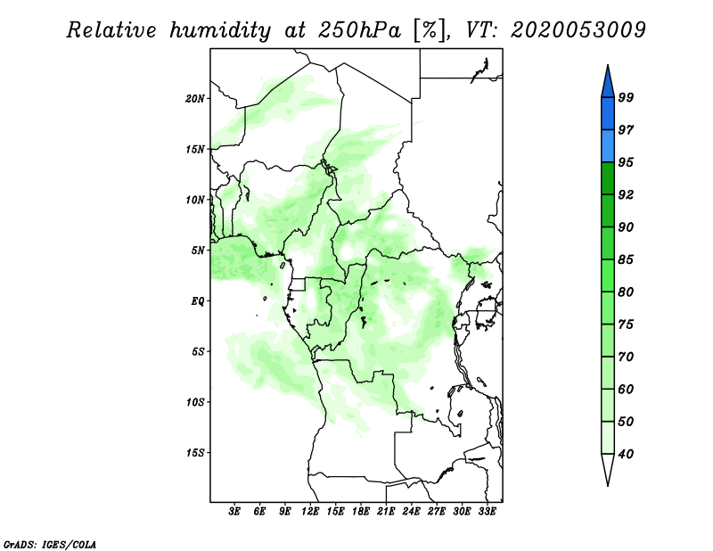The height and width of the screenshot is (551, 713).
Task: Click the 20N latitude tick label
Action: pos(195,99)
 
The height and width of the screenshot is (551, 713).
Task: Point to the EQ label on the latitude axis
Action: pos(197,301)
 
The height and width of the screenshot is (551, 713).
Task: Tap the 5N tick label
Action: pos(198,251)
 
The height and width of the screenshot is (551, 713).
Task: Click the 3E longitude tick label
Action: pos(234,512)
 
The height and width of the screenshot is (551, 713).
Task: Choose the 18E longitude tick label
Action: pos(361,512)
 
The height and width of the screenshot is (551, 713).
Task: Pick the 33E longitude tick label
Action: pos(487,512)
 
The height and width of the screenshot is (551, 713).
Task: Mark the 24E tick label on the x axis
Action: pos(411,512)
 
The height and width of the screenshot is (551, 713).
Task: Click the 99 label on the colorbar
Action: pos(626,97)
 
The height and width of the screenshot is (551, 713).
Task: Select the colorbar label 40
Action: pos(626,454)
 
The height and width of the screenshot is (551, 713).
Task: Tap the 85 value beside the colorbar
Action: pos(626,259)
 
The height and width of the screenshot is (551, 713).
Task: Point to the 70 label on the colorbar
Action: pos(626,357)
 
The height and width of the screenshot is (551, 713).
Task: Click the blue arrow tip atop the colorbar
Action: pos(608,65)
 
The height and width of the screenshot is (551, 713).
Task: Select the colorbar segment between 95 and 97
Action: pos(608,146)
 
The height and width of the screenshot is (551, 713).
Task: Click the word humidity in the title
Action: pos(220,30)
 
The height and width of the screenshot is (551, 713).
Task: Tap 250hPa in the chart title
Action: pos(359,30)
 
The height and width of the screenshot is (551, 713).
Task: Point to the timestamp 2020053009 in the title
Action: pos(578,30)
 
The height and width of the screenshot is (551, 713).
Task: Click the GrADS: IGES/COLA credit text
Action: pos(50,545)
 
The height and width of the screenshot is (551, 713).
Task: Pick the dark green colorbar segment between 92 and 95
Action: pos(608,178)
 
